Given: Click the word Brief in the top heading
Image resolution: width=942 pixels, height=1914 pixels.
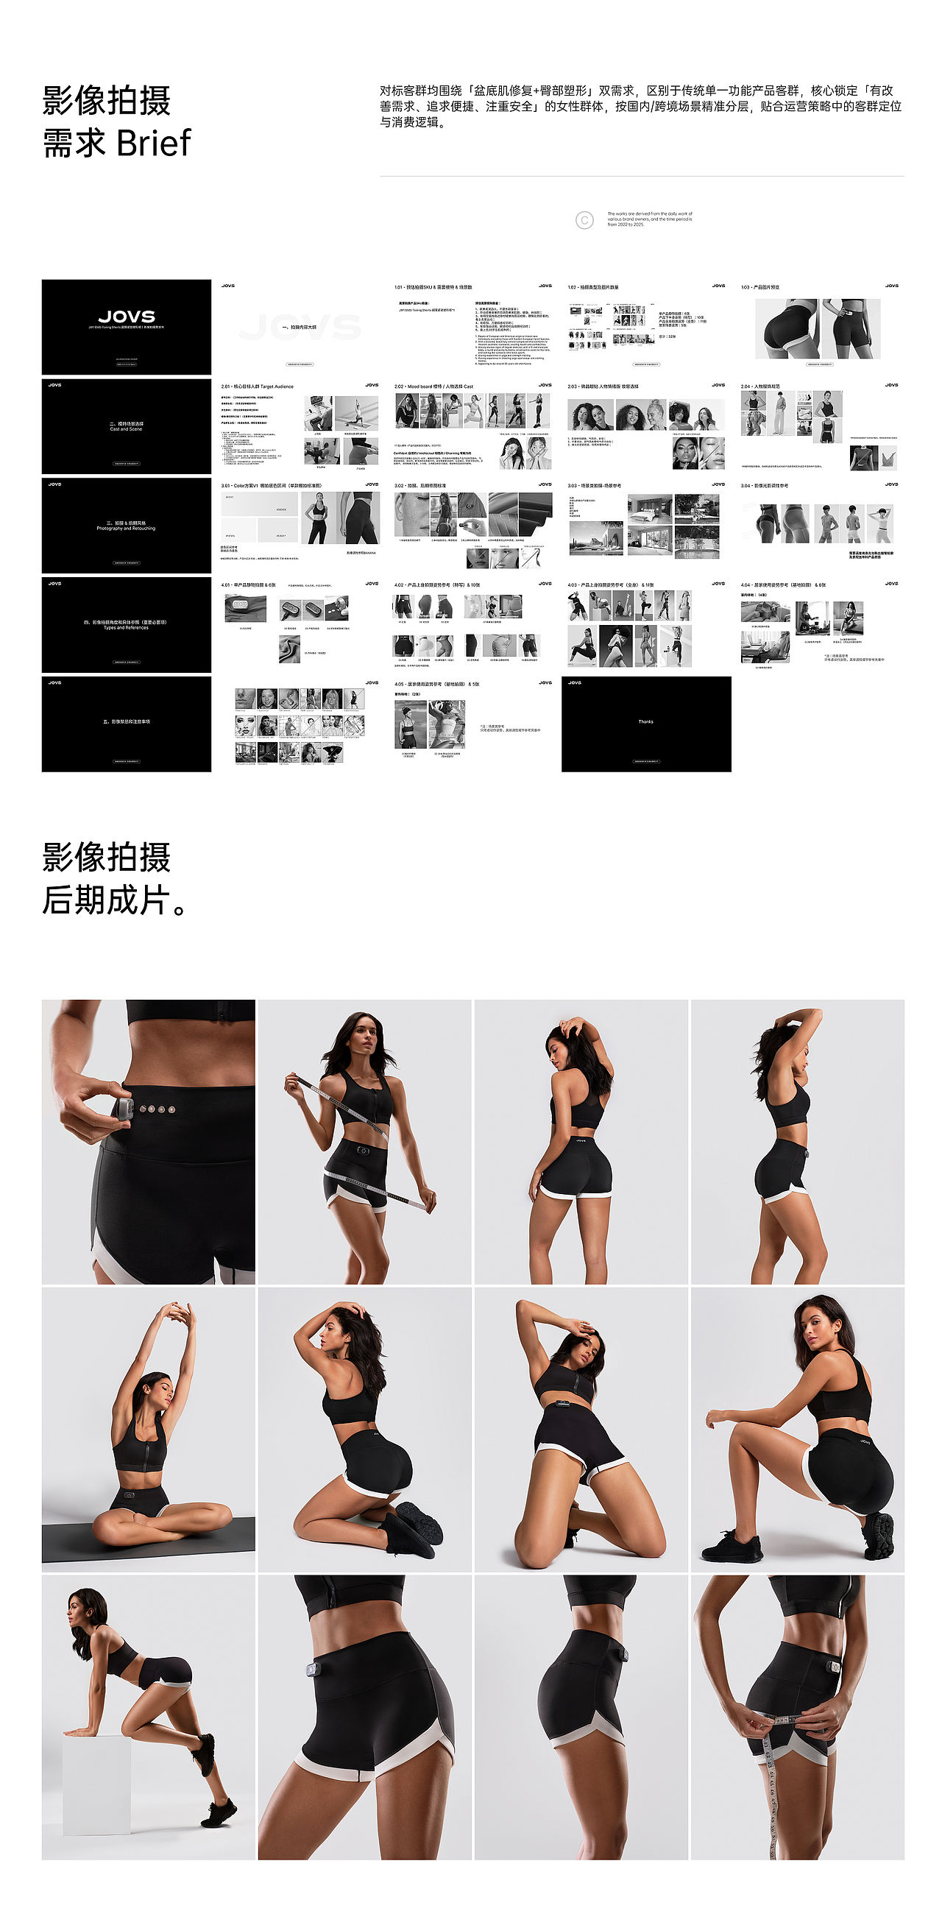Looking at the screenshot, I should pos(154,144).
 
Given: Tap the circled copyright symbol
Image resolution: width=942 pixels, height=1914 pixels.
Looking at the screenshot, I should pos(584,220).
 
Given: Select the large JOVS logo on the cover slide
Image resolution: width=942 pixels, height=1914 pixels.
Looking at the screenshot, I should pos(127,317).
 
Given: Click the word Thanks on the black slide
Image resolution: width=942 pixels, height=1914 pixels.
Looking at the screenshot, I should pos(645,721).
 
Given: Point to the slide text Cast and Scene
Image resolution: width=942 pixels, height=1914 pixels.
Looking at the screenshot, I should pos(126,429).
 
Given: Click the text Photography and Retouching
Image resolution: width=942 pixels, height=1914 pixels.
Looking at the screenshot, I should pos(126,529).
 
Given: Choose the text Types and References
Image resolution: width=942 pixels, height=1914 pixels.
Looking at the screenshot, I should pos(126,628).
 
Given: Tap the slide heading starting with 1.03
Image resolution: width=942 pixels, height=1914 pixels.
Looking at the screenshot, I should pos(760,287).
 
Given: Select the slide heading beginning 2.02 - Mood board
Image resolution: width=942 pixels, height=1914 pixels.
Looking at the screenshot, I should pos(433,386).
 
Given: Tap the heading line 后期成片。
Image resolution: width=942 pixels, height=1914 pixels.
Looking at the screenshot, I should pos(115,900).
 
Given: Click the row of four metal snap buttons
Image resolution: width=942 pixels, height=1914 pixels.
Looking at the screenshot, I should pos(158,1109).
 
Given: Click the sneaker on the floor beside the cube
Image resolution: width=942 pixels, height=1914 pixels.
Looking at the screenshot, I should pos(219,1814).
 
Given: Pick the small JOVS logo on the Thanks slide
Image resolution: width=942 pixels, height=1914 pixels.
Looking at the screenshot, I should pos(574,683).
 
